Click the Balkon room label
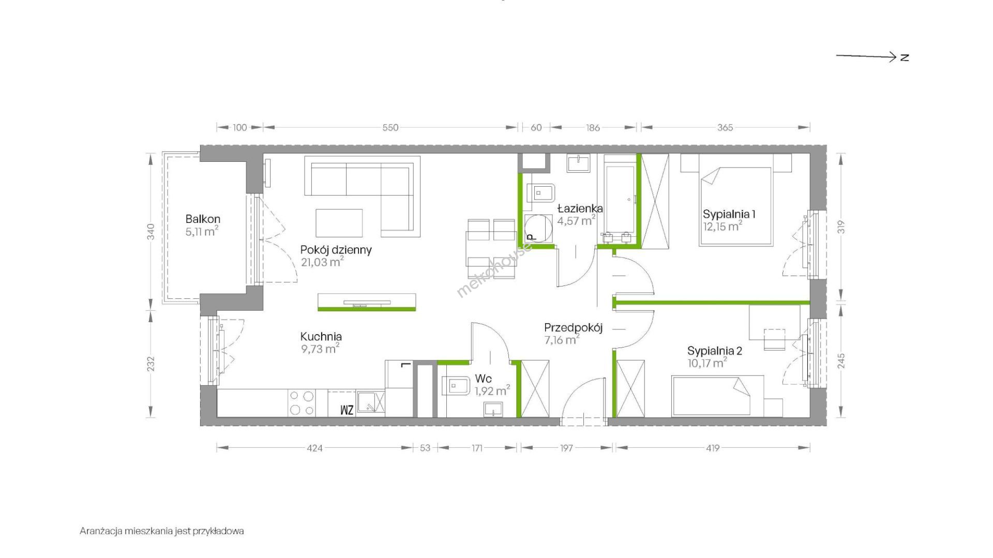point(203,219)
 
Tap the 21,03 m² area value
point(322,262)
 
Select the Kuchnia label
point(321,336)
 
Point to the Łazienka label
point(580,208)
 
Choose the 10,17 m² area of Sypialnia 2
point(707,363)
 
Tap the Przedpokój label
point(573,328)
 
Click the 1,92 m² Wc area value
point(492,391)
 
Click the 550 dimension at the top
point(390,128)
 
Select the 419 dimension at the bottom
point(713,448)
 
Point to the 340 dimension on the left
point(151,231)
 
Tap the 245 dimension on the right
point(841,360)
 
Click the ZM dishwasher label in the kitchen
point(347,410)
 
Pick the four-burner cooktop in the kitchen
point(302,403)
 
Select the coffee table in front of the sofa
point(339,223)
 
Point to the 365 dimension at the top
point(725,128)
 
